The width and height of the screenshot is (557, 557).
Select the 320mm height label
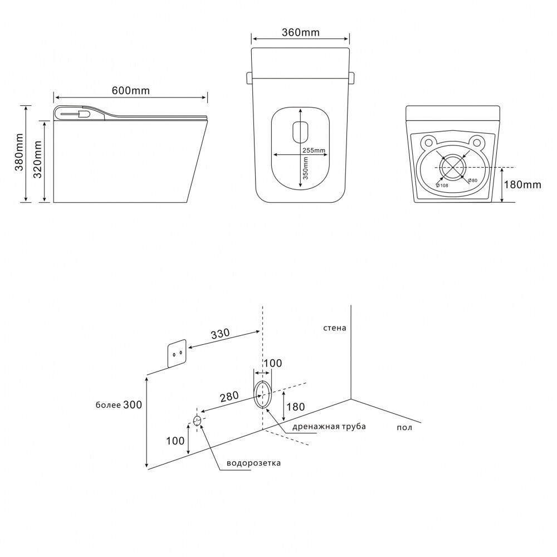click(x=38, y=160)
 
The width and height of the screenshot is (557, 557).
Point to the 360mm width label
click(x=301, y=32)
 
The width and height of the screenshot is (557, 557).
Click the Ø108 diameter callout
click(x=442, y=185)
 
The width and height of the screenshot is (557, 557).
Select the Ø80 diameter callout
click(x=472, y=180)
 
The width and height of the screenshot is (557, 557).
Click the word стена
click(x=334, y=328)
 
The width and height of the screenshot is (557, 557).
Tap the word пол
click(x=405, y=427)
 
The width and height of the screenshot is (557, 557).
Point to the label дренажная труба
click(x=329, y=427)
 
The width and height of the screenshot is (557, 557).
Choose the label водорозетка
click(x=253, y=463)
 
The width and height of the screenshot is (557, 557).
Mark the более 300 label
click(x=119, y=405)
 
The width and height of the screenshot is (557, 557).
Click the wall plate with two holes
click(x=177, y=354)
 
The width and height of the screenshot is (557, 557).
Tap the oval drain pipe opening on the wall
click(x=263, y=394)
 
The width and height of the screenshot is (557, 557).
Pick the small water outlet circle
click(x=197, y=420)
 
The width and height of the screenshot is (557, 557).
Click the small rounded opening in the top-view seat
click(x=300, y=131)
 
